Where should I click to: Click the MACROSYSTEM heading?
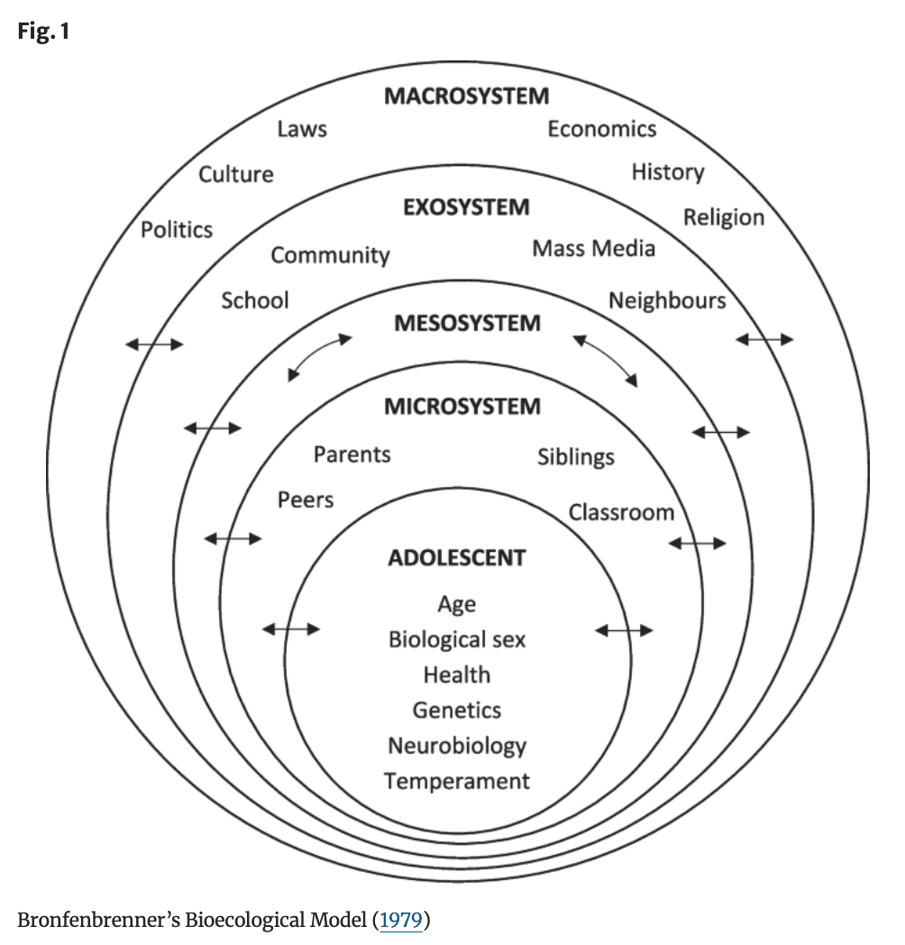466,96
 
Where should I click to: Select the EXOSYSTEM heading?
466,207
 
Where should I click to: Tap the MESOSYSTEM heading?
467,323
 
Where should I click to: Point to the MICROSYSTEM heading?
462,407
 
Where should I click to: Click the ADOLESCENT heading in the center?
456,558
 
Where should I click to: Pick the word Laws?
302,129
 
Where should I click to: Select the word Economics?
602,129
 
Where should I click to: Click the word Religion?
723,217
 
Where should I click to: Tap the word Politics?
177,230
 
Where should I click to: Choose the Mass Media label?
593,248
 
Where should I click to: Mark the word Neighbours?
667,300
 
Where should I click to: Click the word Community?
330,255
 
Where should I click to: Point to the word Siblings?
576,456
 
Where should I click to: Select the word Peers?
306,500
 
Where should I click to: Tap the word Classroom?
621,512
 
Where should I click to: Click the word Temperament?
457,781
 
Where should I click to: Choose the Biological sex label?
457,639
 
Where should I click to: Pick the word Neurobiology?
457,746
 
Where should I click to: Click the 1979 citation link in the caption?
402,921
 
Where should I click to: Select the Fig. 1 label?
43,32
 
